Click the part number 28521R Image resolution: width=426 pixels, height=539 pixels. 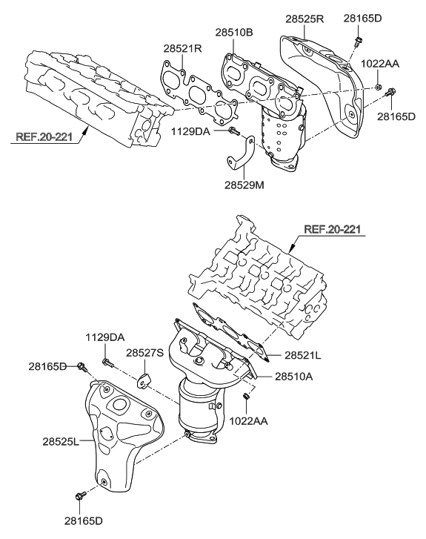click(182, 49)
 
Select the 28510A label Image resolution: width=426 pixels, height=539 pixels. click(294, 377)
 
